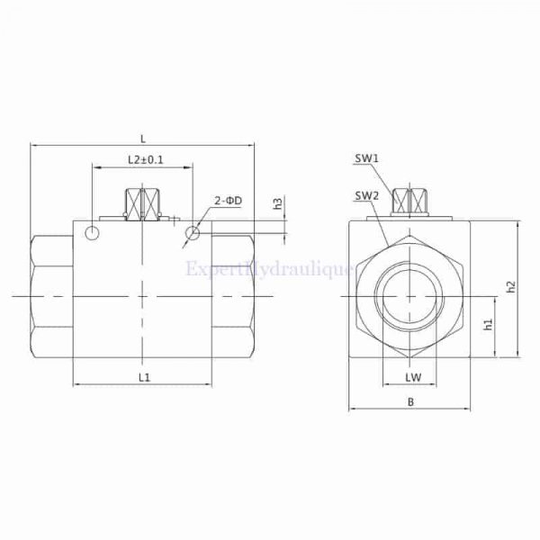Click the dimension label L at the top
143,137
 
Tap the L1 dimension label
144,373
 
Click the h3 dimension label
278,204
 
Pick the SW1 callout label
366,158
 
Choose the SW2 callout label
366,195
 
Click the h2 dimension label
509,286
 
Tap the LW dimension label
413,375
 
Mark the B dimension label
409,402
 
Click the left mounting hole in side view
94,234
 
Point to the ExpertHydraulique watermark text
270,269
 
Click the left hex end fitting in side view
51,296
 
